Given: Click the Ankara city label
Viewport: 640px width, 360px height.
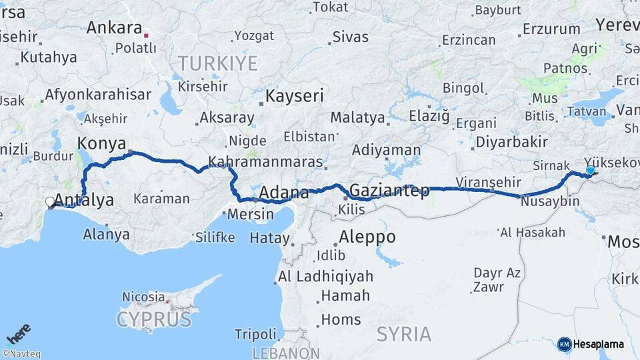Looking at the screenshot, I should pos(114,29).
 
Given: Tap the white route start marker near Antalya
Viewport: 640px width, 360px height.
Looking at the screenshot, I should pos(50,201).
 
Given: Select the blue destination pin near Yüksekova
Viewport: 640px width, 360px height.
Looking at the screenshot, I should pos(590,171).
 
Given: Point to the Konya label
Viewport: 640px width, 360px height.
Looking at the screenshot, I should pos(102,143).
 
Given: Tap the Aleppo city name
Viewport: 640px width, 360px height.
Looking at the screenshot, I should pos(367,237).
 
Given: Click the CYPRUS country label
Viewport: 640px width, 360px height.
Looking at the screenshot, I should pos(154,319).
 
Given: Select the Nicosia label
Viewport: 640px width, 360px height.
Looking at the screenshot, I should pos(143,296).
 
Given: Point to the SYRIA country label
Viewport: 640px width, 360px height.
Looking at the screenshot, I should pos(404,333).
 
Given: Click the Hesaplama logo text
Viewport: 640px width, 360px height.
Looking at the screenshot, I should pos(598,345).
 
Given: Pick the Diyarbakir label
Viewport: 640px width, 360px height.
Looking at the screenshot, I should pos(511,142).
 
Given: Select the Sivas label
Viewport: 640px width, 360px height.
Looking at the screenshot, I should pos(350,37).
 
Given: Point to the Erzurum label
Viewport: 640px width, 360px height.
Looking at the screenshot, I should pos(551,29).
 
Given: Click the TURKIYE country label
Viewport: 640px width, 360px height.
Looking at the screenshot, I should pos(217,64).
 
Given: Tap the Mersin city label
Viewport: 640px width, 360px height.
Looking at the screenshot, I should pos(251,215).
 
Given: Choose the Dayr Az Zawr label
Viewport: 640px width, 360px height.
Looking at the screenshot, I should pos(497,280).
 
